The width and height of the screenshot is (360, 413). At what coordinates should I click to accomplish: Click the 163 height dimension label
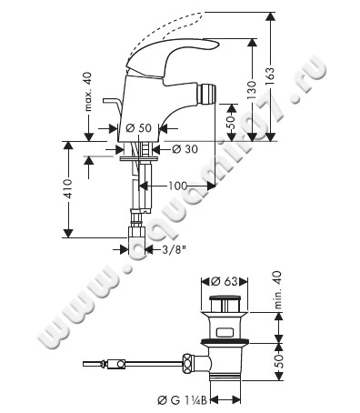pos(270,76)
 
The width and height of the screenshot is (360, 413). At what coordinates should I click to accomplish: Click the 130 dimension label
pos(251,90)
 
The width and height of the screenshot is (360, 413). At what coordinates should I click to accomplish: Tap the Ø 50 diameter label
pos(138,128)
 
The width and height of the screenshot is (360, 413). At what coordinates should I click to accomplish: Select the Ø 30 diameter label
pos(185,149)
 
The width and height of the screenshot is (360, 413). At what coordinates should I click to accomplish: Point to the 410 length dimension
pos(68,189)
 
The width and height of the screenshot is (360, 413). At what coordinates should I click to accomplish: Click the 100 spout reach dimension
pos(178,186)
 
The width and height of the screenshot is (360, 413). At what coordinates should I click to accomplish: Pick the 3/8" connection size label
pos(174,250)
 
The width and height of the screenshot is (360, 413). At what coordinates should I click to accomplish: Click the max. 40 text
pos(88,92)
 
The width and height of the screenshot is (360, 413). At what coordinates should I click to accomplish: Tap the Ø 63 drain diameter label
pos(225,281)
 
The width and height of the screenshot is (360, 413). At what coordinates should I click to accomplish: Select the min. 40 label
pos(278,290)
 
